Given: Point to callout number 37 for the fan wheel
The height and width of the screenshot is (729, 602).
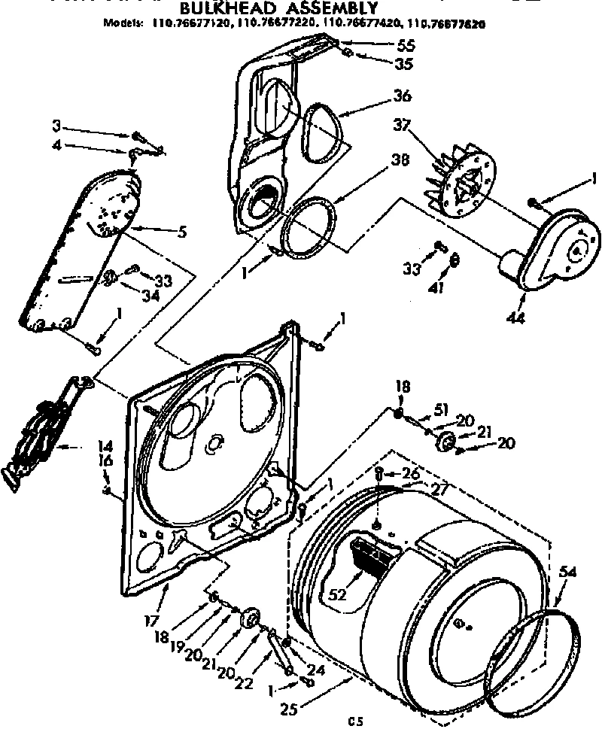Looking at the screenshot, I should click(x=401, y=126).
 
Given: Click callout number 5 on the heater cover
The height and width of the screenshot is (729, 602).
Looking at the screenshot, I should click(x=181, y=232).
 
